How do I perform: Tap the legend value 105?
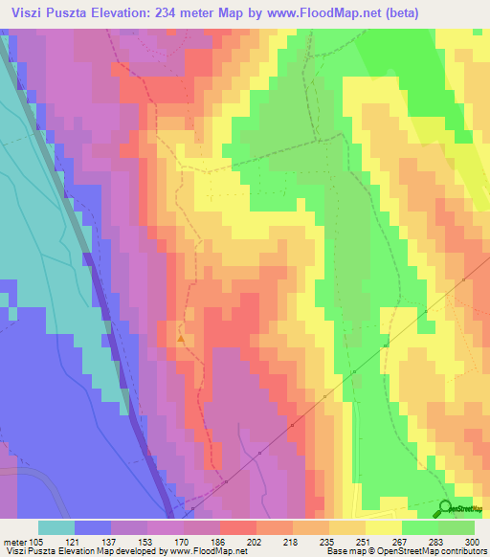click(x=38, y=541)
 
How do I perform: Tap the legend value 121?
click(x=75, y=541)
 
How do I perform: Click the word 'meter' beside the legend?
click(x=15, y=541)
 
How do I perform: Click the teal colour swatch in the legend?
click(x=56, y=527)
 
